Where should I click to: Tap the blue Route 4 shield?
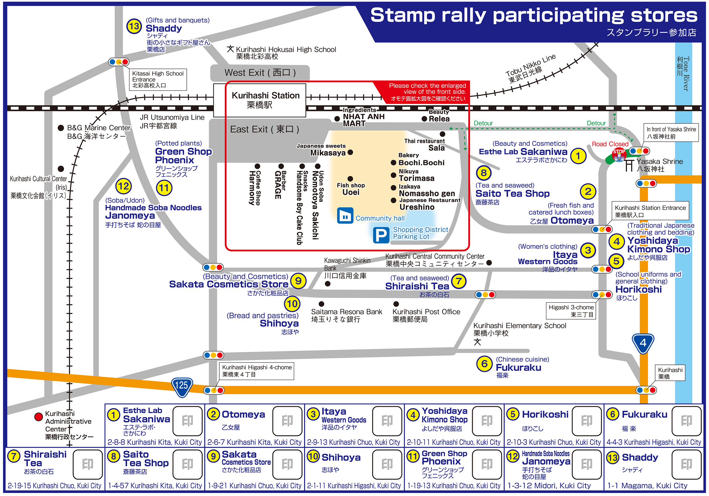[x=643, y=343]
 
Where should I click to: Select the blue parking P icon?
[x=381, y=235]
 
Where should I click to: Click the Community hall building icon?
[x=345, y=216]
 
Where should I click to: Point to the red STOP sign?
[x=619, y=154]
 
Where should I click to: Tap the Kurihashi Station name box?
[x=260, y=100]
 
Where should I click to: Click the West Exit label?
[x=260, y=73]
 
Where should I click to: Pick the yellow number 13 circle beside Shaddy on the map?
[x=134, y=26]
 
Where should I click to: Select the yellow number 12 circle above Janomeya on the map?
[x=124, y=186]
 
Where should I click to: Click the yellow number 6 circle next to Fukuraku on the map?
[x=485, y=364]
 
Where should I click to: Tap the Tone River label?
[x=683, y=73]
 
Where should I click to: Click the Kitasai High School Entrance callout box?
[x=158, y=80]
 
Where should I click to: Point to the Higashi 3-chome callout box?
[x=571, y=311]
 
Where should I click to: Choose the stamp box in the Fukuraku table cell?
[x=686, y=421]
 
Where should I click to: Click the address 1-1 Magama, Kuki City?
[x=647, y=485]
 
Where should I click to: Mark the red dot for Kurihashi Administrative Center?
[x=39, y=417]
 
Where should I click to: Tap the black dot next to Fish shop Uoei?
[x=350, y=179]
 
